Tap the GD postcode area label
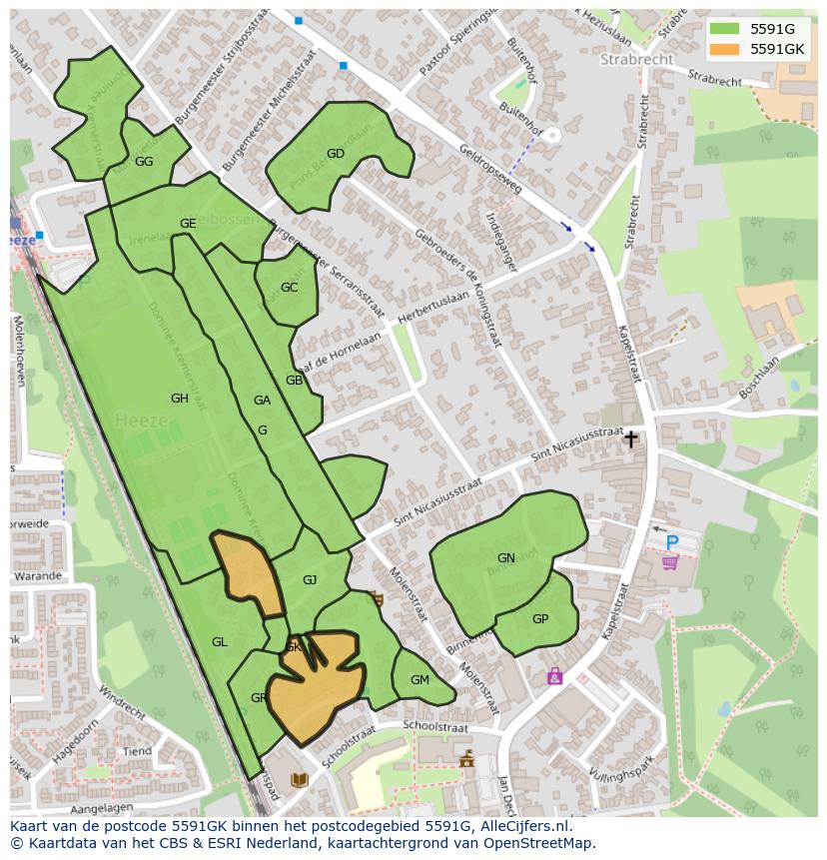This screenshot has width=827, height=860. click(x=336, y=154)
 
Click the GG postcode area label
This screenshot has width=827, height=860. click(x=144, y=162)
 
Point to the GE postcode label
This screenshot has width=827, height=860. click(x=188, y=224)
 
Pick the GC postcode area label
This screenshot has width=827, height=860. click(x=289, y=288)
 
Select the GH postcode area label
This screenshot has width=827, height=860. click(x=180, y=399)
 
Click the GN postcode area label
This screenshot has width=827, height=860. click(x=506, y=558)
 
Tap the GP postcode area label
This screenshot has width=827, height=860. click(x=540, y=619)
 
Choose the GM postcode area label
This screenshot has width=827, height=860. click(x=419, y=680)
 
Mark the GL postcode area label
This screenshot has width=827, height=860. click(x=220, y=642)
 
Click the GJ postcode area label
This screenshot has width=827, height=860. click(x=310, y=580)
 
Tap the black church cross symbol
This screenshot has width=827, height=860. click(x=630, y=439)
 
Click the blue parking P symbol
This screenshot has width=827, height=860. click(x=671, y=543)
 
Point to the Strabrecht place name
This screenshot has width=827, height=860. click(x=637, y=60)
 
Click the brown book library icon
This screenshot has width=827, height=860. click(x=299, y=779)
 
